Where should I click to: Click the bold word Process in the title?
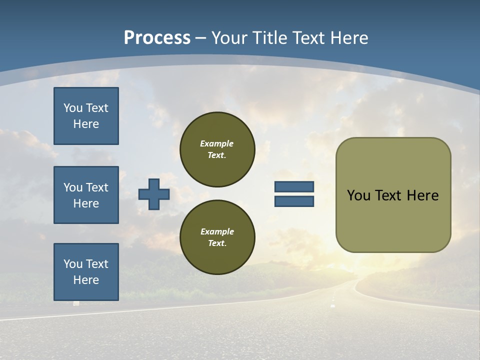coord(157,38)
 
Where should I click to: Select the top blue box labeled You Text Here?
coord(86,116)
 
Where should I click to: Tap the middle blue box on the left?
coord(86,195)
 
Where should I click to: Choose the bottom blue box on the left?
coord(86,272)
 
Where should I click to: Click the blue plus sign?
coord(154,194)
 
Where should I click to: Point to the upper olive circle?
coord(217,149)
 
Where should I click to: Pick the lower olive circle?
coord(217,237)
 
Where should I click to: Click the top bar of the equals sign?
coord(294,187)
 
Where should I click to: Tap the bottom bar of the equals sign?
coord(294,201)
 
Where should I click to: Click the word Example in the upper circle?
coord(216,143)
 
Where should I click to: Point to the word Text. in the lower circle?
coord(217,243)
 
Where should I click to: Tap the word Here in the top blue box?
coord(86,124)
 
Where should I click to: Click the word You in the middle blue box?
coord(73,187)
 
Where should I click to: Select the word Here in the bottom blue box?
coord(86,280)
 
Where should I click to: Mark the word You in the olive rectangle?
coord(358,195)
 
